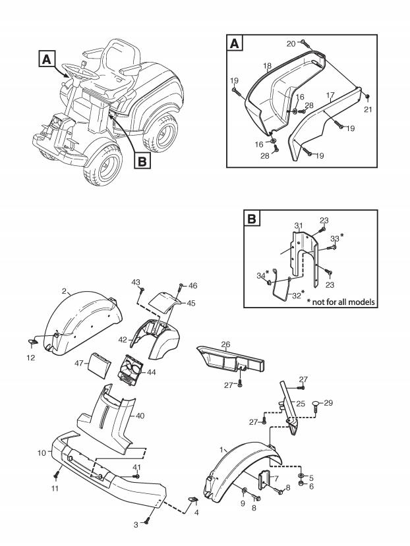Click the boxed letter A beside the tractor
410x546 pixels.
click(45, 59)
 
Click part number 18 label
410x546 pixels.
click(267, 67)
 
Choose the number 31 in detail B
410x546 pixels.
click(298, 226)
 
